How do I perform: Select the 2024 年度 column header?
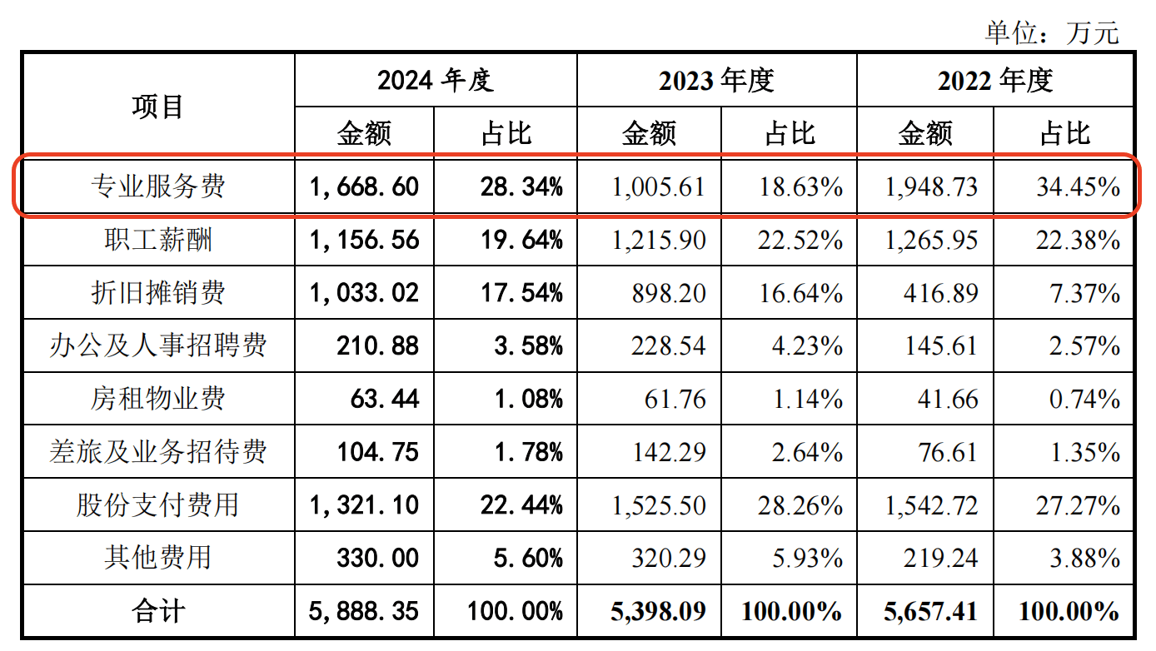click(435, 81)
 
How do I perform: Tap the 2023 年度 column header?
click(716, 81)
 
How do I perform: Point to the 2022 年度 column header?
click(995, 81)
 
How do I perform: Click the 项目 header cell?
click(157, 107)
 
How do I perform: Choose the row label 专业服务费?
click(157, 186)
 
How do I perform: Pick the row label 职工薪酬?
click(157, 240)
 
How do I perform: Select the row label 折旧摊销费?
click(157, 293)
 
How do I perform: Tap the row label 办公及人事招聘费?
click(157, 345)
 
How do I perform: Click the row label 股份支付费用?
click(157, 504)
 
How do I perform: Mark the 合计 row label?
click(157, 612)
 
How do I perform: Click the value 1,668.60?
click(364, 186)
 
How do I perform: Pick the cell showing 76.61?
click(949, 452)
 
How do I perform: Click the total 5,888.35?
click(364, 612)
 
